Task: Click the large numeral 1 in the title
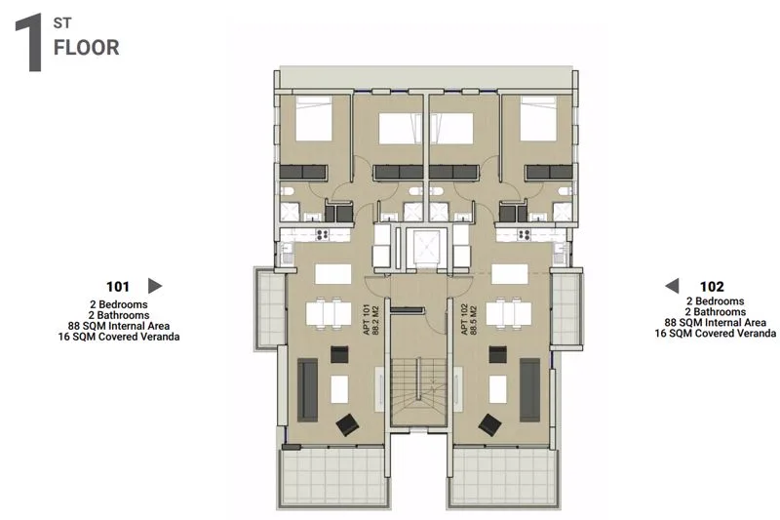pyautogui.click(x=29, y=43)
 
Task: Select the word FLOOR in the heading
pyautogui.click(x=87, y=48)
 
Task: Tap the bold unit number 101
pyautogui.click(x=118, y=287)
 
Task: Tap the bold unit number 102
pyautogui.click(x=712, y=287)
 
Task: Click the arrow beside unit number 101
pyautogui.click(x=155, y=286)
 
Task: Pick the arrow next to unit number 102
pyautogui.click(x=672, y=286)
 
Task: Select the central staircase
pyautogui.click(x=418, y=380)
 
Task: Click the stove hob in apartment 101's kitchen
pyautogui.click(x=322, y=234)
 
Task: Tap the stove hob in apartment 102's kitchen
pyautogui.click(x=524, y=234)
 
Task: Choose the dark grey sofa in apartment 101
pyautogui.click(x=307, y=390)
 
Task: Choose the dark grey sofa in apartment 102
pyautogui.click(x=529, y=390)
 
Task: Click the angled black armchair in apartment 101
pyautogui.click(x=348, y=425)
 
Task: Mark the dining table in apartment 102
pyautogui.click(x=508, y=314)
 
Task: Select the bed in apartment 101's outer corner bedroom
pyautogui.click(x=314, y=118)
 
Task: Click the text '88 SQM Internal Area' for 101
pyautogui.click(x=119, y=326)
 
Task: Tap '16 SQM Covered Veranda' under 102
pyautogui.click(x=716, y=334)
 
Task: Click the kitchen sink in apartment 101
pyautogui.click(x=287, y=254)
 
